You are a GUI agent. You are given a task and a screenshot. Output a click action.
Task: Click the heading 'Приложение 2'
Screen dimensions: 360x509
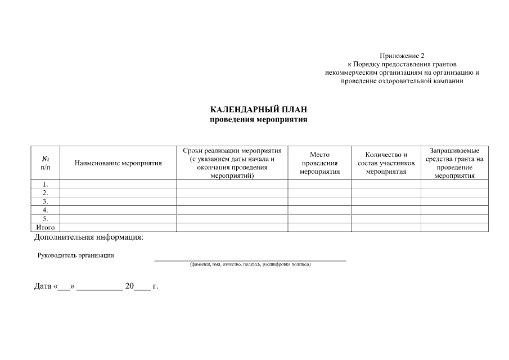point(402,56)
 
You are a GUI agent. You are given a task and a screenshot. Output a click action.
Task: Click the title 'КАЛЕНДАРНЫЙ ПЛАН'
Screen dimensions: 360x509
point(259,109)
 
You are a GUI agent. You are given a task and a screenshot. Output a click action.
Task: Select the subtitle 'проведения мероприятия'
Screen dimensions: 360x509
point(259,119)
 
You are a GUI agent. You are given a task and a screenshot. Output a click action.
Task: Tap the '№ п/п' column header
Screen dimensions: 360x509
point(46,163)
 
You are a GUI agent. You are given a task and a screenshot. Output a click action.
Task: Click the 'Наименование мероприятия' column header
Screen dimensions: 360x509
point(118,163)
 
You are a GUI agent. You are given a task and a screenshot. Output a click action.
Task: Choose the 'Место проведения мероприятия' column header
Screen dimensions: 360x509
point(319,163)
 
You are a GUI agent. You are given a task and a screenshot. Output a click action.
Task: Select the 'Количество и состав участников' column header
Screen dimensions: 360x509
point(386,163)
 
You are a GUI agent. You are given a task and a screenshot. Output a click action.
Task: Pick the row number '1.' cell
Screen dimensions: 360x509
point(46,184)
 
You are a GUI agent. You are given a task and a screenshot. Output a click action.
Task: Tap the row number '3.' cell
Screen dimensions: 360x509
point(46,201)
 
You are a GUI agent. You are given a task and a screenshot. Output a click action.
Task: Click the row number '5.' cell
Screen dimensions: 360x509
point(46,219)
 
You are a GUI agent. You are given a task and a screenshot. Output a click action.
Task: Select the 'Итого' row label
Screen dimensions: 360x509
point(46,227)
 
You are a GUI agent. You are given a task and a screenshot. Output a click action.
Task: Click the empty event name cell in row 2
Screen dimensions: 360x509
point(118,192)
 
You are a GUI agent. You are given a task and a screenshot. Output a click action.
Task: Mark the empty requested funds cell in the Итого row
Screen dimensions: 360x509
point(454,227)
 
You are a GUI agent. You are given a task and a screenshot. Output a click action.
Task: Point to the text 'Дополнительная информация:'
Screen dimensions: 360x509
point(89,237)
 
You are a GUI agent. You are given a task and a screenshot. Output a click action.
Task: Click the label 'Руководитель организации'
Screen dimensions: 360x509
point(75,255)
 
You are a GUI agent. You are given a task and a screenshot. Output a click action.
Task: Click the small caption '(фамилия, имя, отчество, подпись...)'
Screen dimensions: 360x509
point(250,264)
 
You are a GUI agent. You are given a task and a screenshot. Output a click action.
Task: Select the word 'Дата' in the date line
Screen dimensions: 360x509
point(43,286)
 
